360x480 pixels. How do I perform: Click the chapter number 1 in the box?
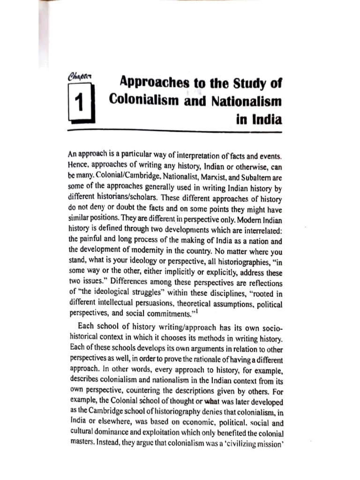tap(80, 101)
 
